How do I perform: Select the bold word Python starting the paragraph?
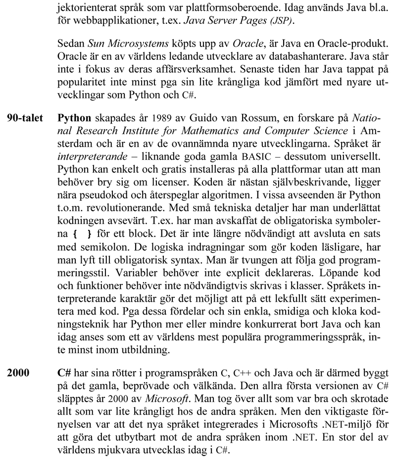pos(74,119)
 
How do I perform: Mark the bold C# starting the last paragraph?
pos(65,371)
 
